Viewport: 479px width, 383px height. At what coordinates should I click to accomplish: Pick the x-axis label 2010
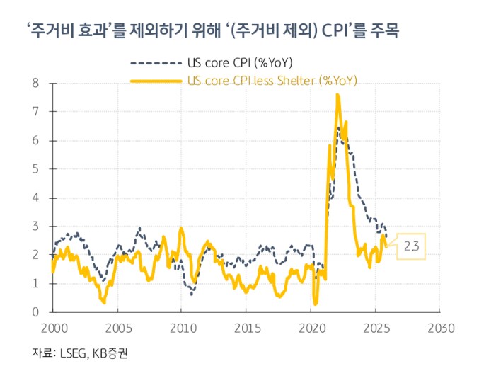pos(181,328)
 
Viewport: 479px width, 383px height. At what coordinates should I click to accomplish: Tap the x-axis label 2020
pos(311,328)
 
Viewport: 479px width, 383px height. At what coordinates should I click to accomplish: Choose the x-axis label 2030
pos(439,328)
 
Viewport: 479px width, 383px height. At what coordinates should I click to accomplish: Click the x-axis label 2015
pos(246,328)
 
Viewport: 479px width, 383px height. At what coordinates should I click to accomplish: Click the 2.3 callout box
pos(412,246)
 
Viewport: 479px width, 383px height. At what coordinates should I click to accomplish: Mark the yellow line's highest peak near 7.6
pos(337,95)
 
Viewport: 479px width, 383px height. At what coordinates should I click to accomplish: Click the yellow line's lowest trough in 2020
pos(316,304)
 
